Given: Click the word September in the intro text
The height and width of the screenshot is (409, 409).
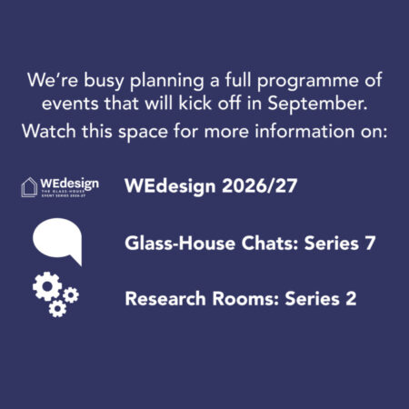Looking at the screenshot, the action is tap(317, 105).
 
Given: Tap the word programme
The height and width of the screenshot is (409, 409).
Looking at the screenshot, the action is tap(308, 81).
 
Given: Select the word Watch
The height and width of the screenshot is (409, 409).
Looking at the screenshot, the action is tap(49, 131).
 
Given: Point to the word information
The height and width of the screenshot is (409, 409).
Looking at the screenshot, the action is tap(304, 131).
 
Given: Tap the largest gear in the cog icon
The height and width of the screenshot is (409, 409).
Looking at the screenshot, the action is tap(47, 286).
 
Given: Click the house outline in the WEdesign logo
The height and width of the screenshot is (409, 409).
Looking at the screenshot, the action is tap(29, 187).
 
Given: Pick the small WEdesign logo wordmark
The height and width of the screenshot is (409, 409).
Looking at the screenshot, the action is tap(70, 184).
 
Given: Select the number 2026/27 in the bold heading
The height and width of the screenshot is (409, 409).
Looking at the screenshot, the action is tap(260, 185).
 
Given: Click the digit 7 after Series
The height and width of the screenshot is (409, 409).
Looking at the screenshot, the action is tap(370, 243).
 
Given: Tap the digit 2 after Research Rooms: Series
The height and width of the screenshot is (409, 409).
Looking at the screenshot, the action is tap(351, 298).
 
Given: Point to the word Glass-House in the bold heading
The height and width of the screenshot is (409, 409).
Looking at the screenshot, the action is tap(180, 243).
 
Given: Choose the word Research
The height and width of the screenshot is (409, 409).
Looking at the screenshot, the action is tap(165, 298).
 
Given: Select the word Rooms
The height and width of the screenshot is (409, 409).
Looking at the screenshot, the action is tap(245, 298).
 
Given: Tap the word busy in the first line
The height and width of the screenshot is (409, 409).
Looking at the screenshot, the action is tap(104, 81).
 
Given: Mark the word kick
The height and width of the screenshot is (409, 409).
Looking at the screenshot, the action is tap(195, 104).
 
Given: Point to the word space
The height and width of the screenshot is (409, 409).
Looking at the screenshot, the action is tap(143, 133).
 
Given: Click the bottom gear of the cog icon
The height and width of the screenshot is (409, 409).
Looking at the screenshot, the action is tap(57, 309).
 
